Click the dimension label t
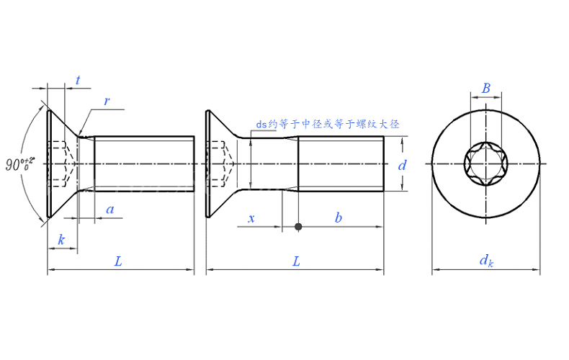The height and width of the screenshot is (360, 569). tap(77, 81)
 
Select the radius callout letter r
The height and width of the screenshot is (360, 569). tap(107, 102)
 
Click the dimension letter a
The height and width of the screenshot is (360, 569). tap(109, 210)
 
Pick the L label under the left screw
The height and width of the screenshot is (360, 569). tap(118, 262)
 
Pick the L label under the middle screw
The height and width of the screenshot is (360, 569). tap(296, 262)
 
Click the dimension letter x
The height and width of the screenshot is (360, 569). tap(251, 217)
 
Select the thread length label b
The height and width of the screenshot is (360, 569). tap(338, 217)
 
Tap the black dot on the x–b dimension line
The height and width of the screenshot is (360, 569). tap(298, 227)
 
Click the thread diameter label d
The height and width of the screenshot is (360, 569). tap(403, 165)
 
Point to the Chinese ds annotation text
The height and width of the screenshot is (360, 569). tap(328, 124)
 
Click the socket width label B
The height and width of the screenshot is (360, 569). tap(486, 89)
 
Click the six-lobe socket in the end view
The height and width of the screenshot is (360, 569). tap(486, 164)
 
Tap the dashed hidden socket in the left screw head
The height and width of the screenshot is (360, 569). tap(61, 164)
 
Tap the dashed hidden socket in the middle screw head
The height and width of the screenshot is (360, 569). tap(220, 164)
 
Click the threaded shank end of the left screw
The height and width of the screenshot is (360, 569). tap(144, 164)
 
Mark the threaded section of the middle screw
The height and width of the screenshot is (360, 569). tap(340, 164)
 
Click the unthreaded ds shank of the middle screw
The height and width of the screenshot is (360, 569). tap(274, 164)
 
